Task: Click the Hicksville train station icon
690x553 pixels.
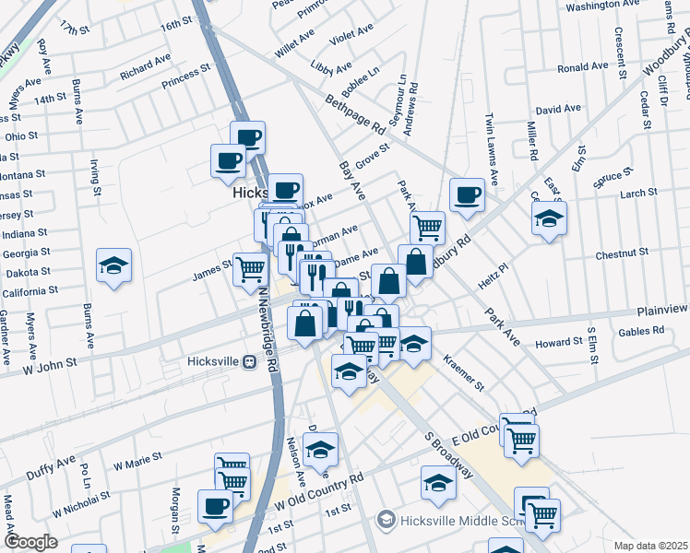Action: point(247,362)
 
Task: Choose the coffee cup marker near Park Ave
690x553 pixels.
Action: point(468,195)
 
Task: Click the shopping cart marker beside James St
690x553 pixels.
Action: point(250,269)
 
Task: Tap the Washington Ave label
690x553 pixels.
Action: point(603,6)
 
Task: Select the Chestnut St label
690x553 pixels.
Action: point(624,251)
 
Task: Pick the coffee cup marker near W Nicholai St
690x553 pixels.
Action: point(215,506)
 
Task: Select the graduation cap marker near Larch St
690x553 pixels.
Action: point(549,218)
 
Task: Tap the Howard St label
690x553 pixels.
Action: point(559,343)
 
